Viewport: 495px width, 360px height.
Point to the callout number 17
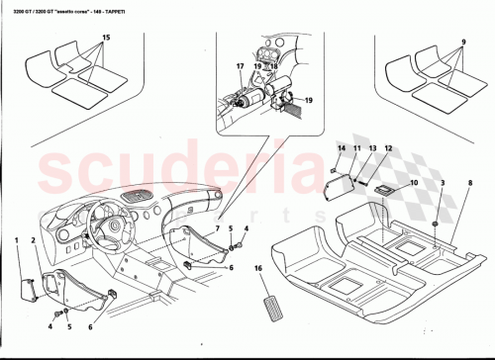tap(240, 67)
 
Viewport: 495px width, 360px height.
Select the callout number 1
tap(17, 241)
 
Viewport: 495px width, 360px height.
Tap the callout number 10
tap(414, 183)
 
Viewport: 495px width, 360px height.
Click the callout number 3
tap(444, 184)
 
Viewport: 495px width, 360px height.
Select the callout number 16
tap(258, 268)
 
